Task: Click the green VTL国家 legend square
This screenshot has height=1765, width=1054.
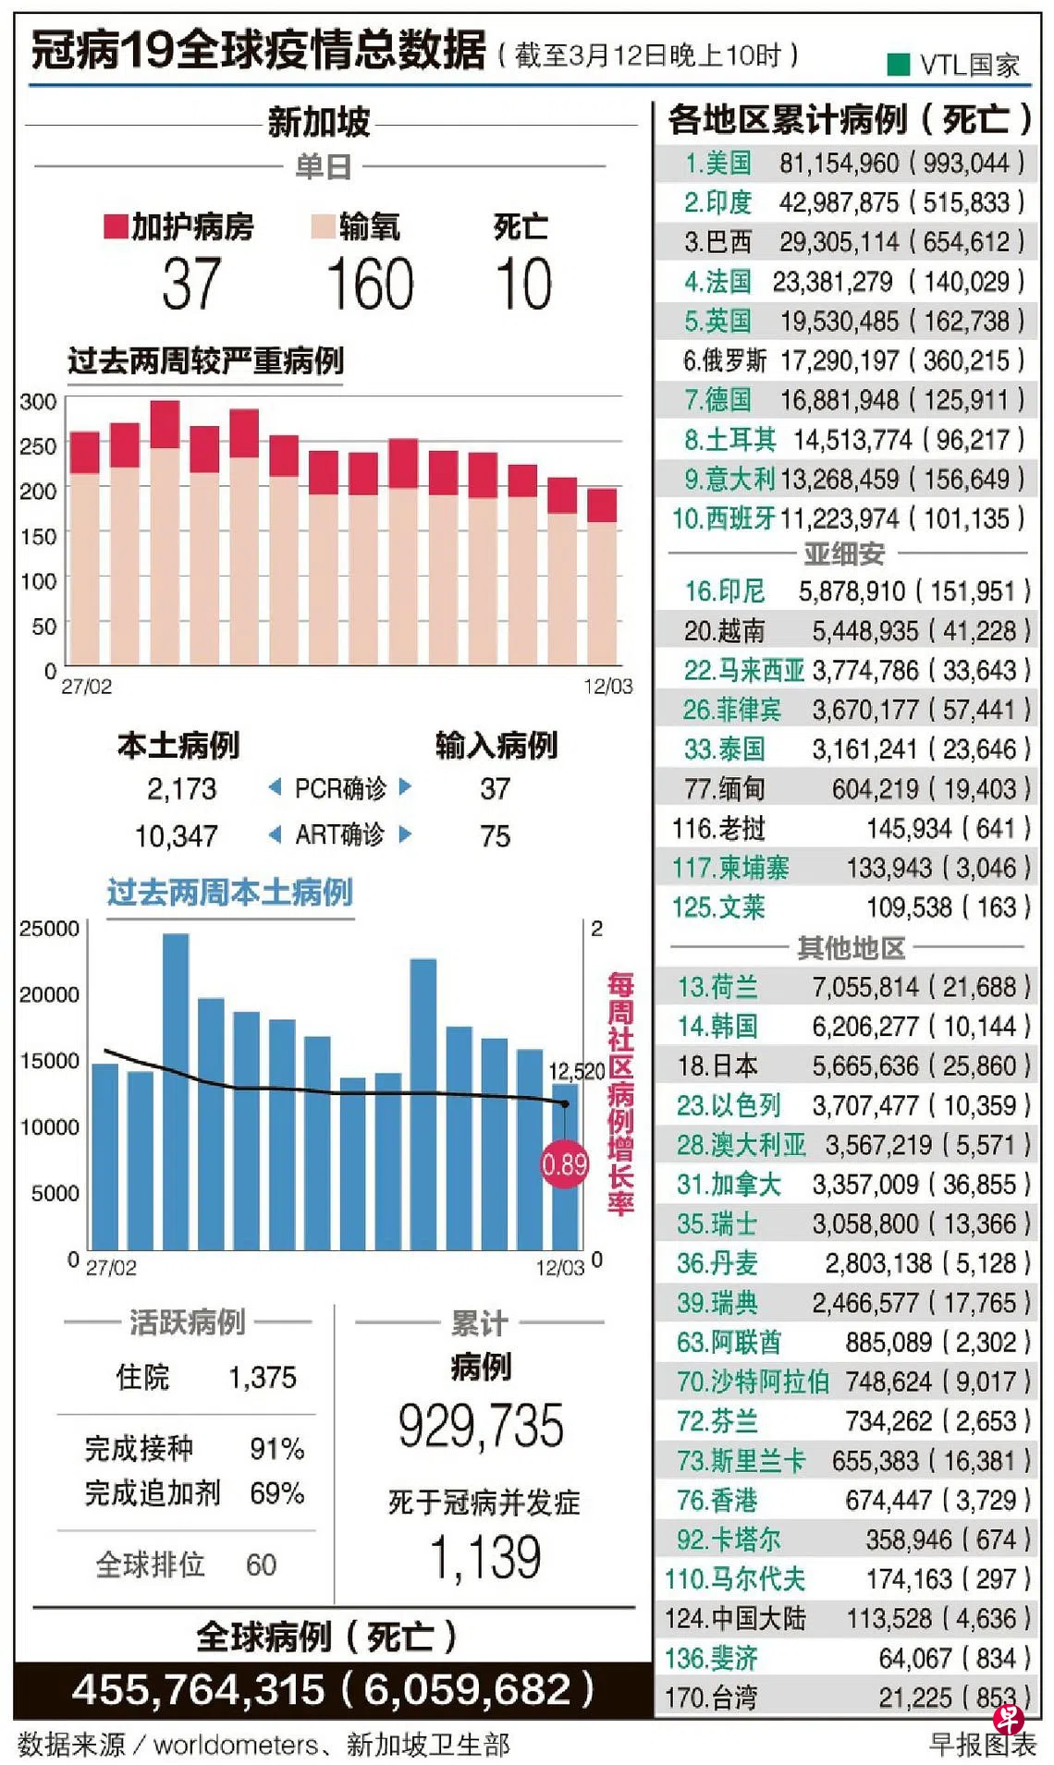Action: (x=898, y=65)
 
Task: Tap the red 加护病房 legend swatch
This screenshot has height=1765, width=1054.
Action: (x=116, y=226)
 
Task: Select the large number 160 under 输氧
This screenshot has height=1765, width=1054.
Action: (x=370, y=284)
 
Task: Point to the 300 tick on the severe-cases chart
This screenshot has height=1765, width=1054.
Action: (x=38, y=402)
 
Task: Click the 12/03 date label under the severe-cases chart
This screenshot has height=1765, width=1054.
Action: (x=607, y=687)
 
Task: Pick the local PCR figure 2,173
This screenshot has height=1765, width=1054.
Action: (x=181, y=789)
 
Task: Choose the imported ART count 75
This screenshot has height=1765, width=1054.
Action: (x=495, y=836)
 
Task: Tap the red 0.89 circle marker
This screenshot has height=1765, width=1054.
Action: (x=564, y=1163)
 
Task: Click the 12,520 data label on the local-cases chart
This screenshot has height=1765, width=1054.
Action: (x=576, y=1071)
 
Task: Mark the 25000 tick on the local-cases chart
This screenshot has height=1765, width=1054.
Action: (x=49, y=929)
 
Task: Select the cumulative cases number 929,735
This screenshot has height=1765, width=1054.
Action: (x=481, y=1426)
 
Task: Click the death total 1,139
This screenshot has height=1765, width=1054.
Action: (x=485, y=1557)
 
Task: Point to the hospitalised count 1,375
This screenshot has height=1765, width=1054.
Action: (x=263, y=1378)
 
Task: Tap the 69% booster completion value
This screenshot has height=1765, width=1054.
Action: (x=276, y=1493)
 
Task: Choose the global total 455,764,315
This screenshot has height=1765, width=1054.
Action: (x=199, y=1690)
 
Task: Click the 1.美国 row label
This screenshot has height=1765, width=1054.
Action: (x=717, y=164)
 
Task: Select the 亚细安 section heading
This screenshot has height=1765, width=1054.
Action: (x=844, y=554)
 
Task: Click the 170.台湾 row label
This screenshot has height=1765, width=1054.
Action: (x=711, y=1698)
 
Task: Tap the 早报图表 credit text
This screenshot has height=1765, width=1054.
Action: (x=982, y=1745)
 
